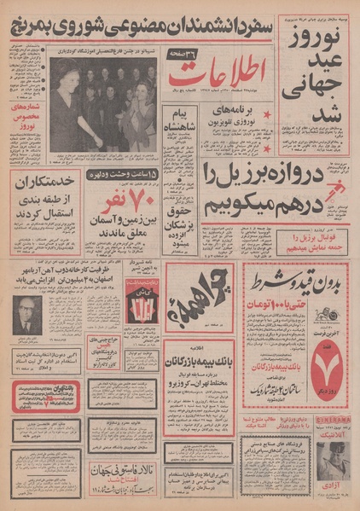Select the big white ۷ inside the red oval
332,351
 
